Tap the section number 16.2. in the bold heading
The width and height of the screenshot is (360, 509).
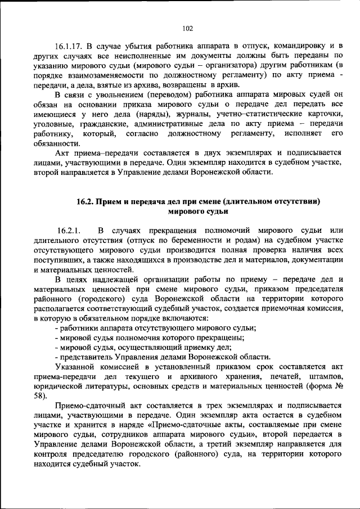tap(88, 201)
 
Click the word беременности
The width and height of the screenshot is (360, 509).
tap(172, 241)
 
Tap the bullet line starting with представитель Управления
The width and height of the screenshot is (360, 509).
tap(162, 357)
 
